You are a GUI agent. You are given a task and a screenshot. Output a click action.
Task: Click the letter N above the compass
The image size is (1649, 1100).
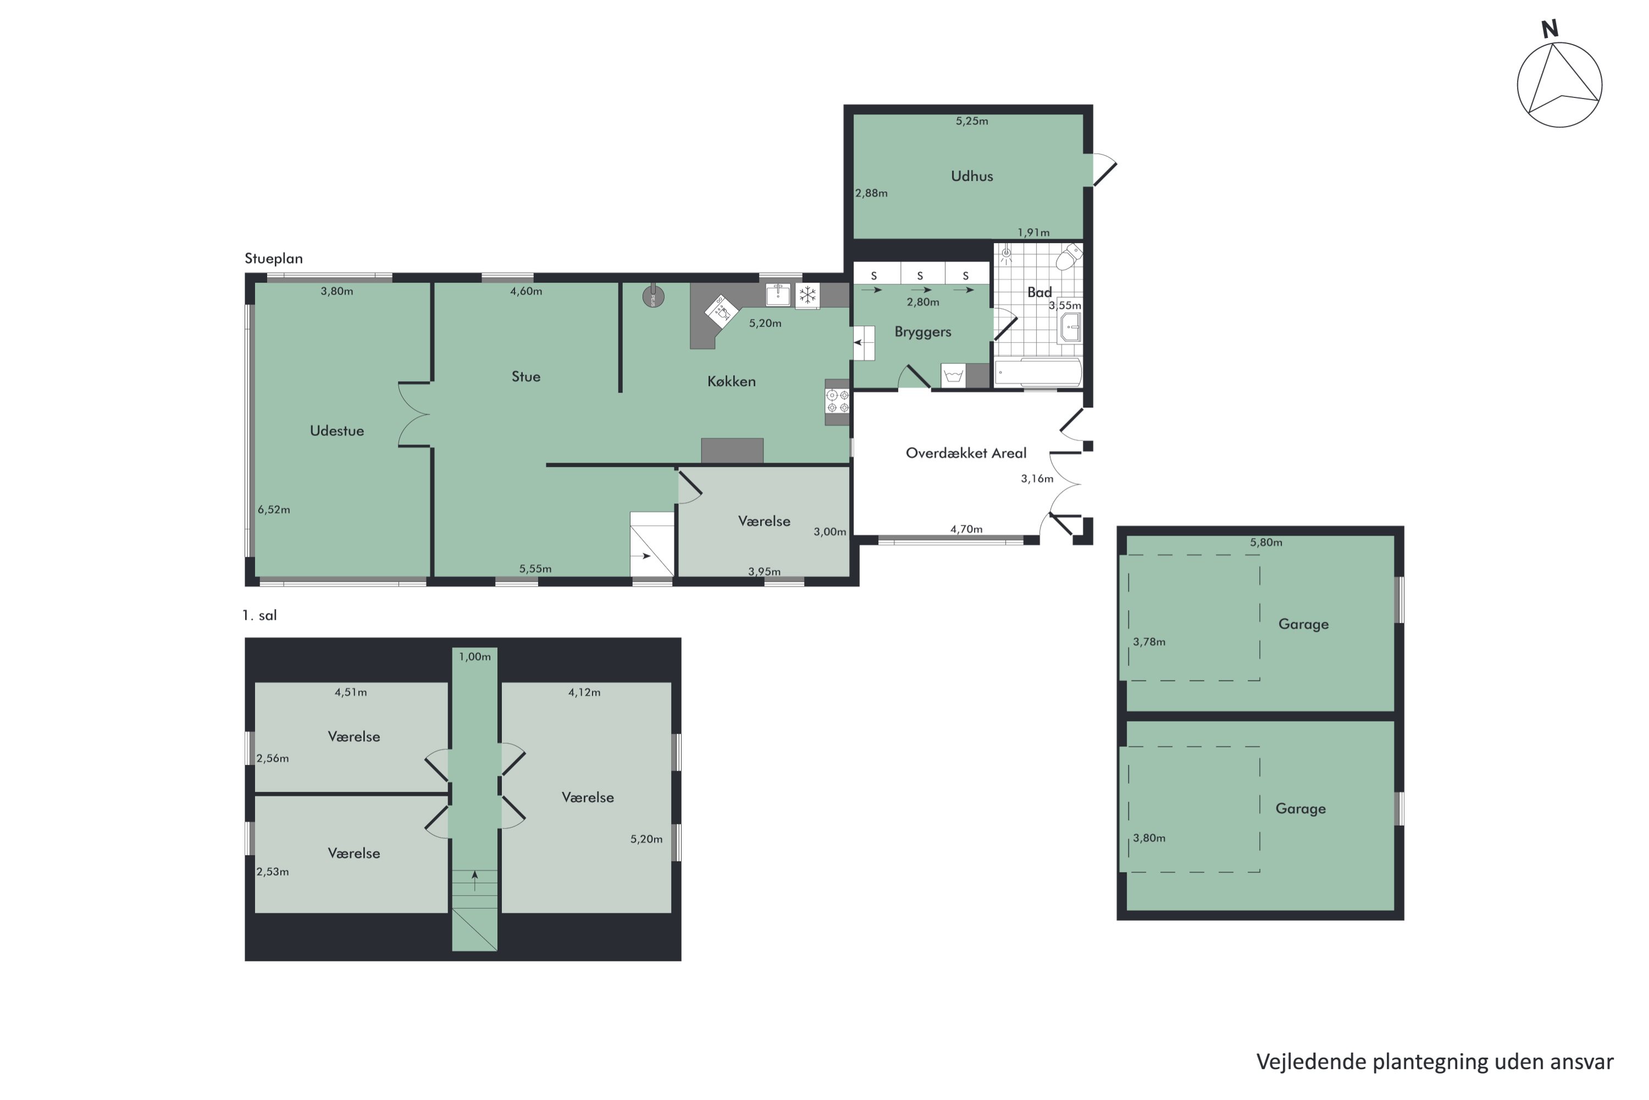click(1550, 30)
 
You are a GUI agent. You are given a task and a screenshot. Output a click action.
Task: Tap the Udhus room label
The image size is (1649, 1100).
click(972, 176)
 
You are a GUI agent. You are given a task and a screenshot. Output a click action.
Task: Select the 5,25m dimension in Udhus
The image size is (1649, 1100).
click(972, 120)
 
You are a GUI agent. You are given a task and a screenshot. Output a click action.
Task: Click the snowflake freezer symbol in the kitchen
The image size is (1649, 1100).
click(807, 295)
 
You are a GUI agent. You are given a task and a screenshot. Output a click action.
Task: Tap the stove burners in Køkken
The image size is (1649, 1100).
click(837, 402)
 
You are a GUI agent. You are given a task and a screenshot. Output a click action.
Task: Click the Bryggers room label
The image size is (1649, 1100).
click(923, 332)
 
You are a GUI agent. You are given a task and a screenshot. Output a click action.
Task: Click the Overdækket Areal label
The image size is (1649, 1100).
click(965, 453)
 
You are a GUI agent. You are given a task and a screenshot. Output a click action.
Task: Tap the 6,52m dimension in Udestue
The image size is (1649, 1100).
click(273, 510)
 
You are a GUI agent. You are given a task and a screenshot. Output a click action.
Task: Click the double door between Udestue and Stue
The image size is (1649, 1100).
click(414, 415)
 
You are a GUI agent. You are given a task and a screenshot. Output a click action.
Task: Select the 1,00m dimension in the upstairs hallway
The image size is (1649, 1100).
click(475, 657)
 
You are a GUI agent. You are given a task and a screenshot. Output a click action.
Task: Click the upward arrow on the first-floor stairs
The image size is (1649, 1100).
click(475, 879)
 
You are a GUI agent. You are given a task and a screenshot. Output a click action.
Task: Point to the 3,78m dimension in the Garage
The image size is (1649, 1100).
click(1149, 642)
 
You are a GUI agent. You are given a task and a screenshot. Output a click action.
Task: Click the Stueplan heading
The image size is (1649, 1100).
click(273, 258)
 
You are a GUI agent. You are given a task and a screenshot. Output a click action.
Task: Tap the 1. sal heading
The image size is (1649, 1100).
click(259, 615)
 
